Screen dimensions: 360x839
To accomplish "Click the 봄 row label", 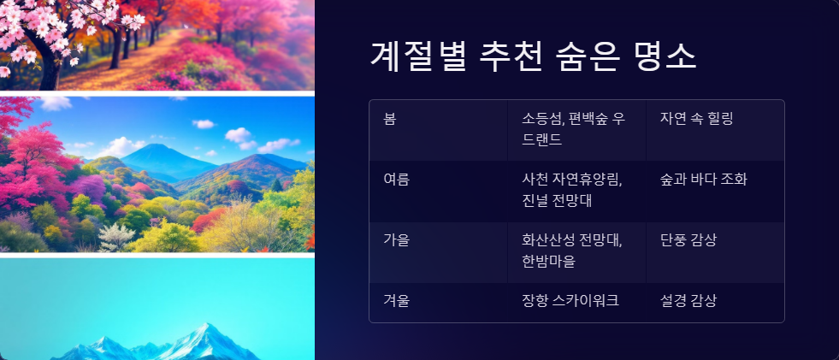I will click(390, 118).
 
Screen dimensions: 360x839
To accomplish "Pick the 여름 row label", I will click(396, 180).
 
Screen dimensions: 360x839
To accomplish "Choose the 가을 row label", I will click(396, 240).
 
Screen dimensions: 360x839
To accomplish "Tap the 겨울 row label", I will click(396, 301).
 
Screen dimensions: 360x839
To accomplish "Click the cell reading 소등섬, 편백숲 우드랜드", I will click(573, 128).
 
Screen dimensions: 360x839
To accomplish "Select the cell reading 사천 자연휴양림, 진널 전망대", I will click(571, 190).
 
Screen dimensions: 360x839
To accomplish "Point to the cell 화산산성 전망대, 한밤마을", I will click(571, 251).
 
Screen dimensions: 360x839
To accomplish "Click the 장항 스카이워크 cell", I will click(570, 301).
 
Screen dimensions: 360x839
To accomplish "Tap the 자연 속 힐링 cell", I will click(696, 118).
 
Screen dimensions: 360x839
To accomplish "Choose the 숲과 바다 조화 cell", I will click(703, 180).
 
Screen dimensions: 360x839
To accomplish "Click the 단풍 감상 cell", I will click(688, 240).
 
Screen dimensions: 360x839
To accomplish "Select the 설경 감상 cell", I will click(688, 301).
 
